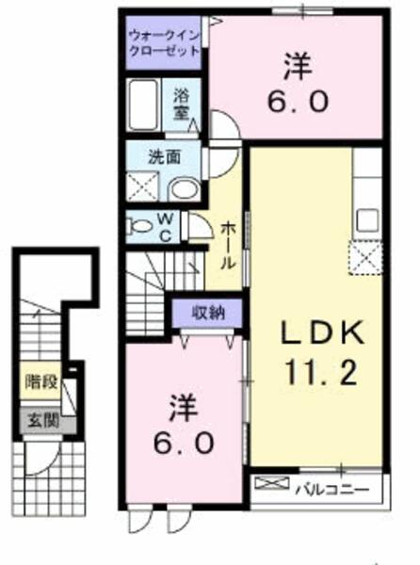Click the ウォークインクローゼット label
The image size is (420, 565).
164,42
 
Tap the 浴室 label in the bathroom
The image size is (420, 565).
181,105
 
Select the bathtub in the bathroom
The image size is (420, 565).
143,105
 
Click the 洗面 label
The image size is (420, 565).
165,157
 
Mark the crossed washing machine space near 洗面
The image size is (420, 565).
142,186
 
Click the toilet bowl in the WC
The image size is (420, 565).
138,227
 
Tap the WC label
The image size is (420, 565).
166,227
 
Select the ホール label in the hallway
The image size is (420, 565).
228,245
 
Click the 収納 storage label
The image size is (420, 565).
208,313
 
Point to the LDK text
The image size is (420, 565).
322,334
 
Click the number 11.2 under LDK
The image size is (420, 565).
321,373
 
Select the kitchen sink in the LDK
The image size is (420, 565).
367,221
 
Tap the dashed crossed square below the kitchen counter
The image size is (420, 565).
364,258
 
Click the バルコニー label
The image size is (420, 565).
332,490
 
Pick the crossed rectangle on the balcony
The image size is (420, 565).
272,483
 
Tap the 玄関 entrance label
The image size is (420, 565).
43,421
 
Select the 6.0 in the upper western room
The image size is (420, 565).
298,102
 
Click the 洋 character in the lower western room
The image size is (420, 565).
184,408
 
